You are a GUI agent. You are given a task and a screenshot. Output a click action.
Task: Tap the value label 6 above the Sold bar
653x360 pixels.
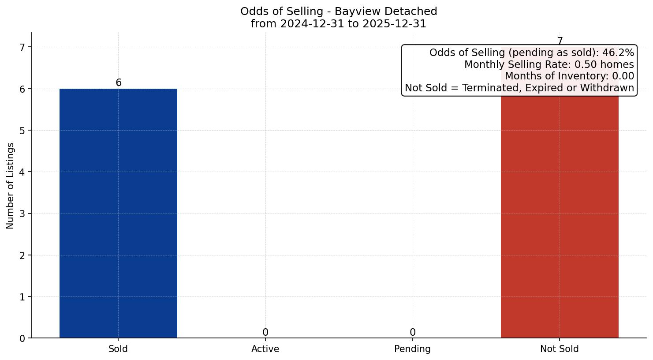coord(119,83)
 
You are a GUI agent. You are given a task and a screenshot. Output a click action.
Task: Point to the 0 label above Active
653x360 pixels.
coord(265,333)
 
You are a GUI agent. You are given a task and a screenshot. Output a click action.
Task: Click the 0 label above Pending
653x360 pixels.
coord(412,333)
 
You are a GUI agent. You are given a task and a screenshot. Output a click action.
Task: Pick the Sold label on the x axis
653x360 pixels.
coord(118,349)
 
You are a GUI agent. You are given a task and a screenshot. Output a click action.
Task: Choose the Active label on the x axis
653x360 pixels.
coord(265,349)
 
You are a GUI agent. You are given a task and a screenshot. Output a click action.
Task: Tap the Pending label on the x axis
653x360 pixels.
coord(412,349)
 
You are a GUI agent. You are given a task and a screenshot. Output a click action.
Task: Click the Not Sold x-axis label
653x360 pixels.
coord(559,349)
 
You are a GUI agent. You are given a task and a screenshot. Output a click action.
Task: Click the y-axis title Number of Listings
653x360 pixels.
coord(11,185)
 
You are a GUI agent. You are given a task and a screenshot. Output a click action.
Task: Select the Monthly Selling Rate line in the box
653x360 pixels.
coord(549,65)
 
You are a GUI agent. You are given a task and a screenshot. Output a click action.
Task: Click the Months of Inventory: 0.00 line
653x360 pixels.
coord(569,76)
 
